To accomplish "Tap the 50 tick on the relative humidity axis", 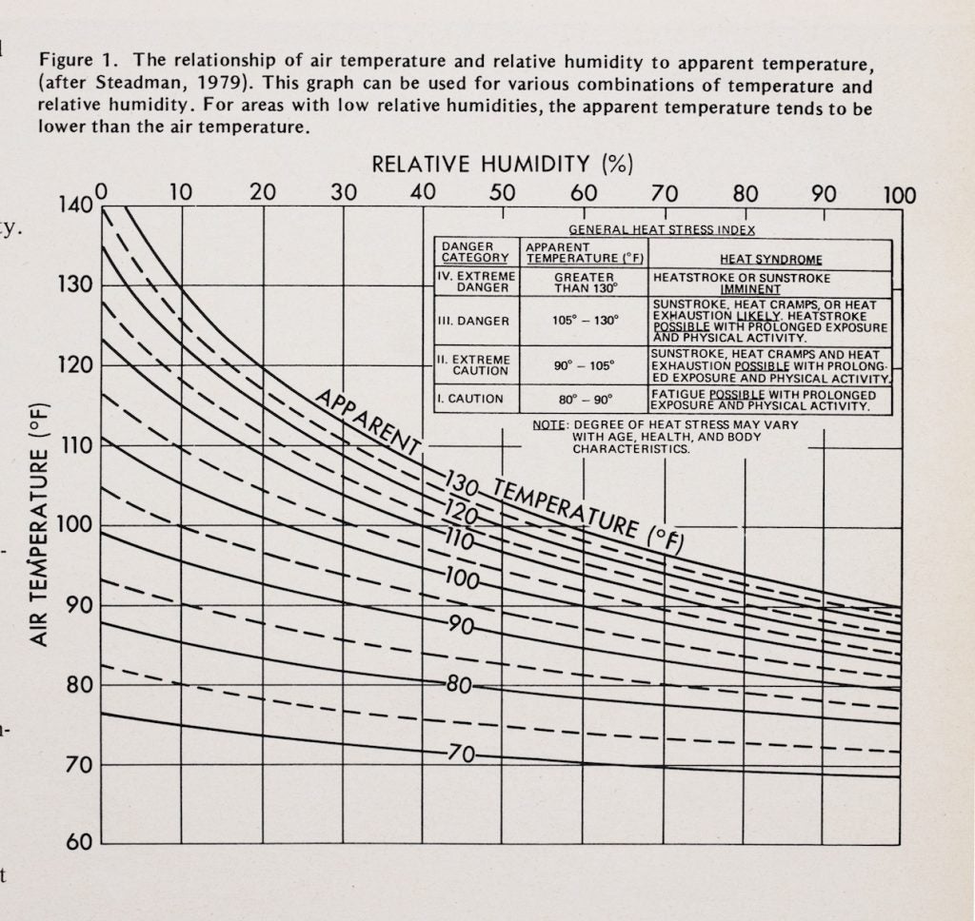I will (503, 193).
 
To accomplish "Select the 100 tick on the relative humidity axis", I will (898, 195).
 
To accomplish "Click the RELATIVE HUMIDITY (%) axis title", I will (502, 164).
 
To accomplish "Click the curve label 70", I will (461, 754).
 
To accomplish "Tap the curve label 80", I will (459, 685).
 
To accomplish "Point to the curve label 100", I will (462, 578).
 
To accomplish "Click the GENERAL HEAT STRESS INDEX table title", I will (662, 229).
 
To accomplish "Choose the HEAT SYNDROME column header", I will (771, 259).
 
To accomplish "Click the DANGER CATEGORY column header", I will (475, 252).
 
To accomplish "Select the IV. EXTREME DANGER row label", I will (475, 282).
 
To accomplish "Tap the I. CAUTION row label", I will (469, 399).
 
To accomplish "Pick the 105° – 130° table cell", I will (585, 320).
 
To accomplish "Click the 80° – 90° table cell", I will (584, 400).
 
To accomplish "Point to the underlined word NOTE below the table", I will (549, 424).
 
